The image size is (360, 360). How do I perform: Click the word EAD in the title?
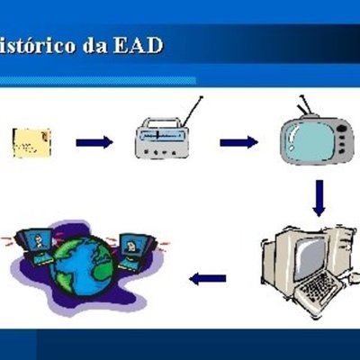point(138,43)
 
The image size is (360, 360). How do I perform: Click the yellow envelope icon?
point(31,142)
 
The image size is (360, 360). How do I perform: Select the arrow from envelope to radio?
point(94,142)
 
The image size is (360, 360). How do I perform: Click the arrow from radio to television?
point(238,141)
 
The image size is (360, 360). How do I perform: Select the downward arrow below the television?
point(319,197)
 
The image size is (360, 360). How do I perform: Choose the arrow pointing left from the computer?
point(208,278)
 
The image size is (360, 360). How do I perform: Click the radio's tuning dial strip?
point(165,138)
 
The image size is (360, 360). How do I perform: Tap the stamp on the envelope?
point(43,135)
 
